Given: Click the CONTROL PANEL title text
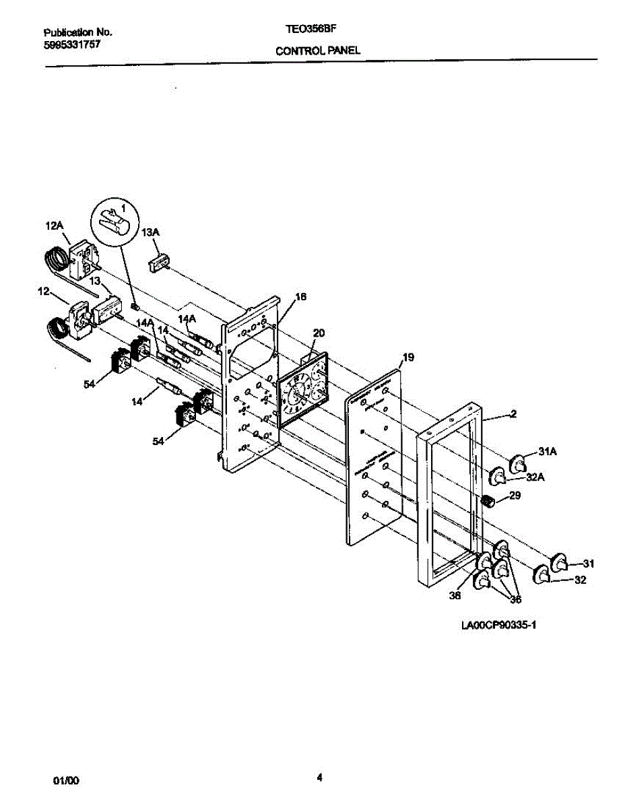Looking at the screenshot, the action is point(317,50).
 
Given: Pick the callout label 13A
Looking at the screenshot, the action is point(151,232).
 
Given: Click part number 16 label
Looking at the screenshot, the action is point(300,297).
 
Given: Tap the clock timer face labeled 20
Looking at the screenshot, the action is point(302,391).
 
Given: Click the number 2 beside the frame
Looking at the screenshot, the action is point(513,415).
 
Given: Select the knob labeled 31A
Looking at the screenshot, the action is point(519,464).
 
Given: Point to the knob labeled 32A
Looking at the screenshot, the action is point(498,476).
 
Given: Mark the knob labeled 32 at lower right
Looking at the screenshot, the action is point(542,575).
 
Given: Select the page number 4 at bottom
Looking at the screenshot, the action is point(319,778).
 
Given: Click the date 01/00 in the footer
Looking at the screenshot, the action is point(66,781).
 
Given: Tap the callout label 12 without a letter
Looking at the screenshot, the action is point(44,292).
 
